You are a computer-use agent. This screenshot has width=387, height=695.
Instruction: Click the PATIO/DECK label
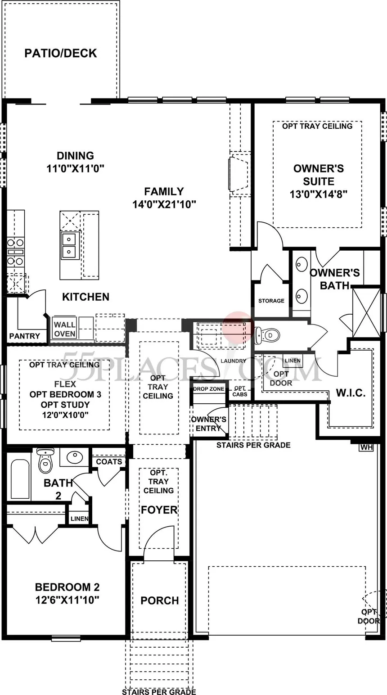point(60,53)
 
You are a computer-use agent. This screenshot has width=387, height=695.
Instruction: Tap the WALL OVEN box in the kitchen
point(65,329)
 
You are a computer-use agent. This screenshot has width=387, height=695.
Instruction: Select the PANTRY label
point(24,336)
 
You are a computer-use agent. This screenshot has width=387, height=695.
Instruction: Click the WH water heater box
point(366,447)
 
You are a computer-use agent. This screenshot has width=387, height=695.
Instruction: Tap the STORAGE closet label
point(271,301)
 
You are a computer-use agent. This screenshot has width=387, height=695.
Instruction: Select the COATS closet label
point(109,461)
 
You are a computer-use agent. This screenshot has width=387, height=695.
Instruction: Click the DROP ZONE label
point(209,389)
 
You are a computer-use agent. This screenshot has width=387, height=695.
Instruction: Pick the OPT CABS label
point(239,391)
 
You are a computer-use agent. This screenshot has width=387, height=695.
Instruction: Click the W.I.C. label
point(351,393)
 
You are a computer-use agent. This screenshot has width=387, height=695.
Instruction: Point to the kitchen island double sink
point(70,245)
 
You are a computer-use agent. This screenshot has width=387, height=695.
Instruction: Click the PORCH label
point(159,600)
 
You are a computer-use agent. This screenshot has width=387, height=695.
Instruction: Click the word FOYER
point(159,510)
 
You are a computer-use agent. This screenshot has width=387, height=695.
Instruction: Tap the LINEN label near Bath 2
point(79,519)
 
